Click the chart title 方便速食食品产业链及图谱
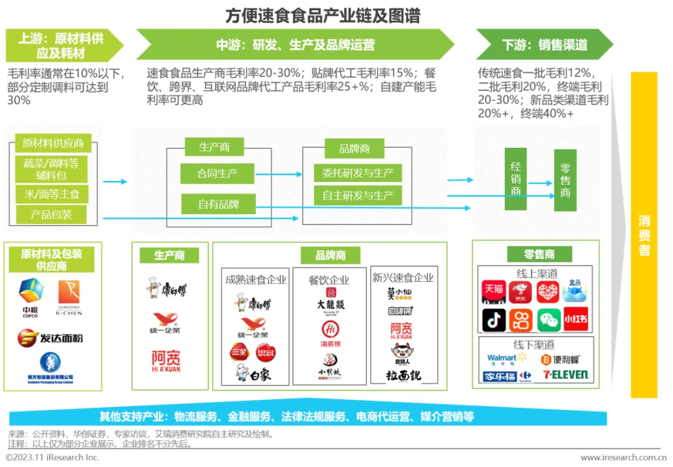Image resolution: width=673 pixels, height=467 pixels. (322, 15)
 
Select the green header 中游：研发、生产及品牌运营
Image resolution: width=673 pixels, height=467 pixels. (295, 45)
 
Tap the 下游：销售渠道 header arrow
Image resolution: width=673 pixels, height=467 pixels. (544, 45)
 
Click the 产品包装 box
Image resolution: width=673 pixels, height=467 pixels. (51, 214)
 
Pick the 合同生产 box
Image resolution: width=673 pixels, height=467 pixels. (217, 173)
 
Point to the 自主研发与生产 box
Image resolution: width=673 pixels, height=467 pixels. (358, 195)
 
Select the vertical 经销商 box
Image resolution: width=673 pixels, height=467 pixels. (515, 178)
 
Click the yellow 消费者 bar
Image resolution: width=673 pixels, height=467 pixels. (644, 235)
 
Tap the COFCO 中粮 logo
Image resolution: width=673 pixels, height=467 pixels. (31, 297)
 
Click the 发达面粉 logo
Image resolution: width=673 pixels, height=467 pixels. (50, 338)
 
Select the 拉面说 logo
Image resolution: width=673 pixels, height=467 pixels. (403, 375)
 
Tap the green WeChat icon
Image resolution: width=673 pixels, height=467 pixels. (548, 319)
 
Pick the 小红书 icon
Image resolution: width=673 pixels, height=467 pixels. (576, 319)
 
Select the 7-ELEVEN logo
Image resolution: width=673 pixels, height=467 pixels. (565, 375)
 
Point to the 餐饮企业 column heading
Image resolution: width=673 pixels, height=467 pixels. (330, 280)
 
